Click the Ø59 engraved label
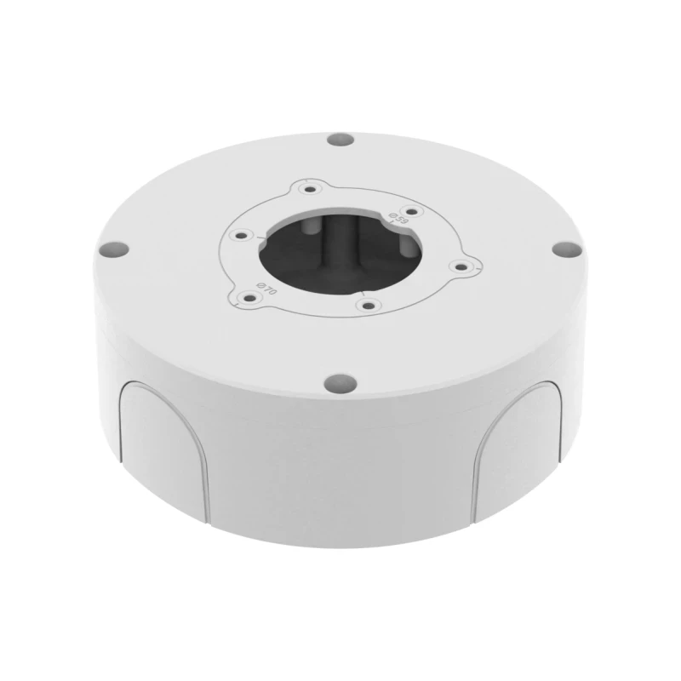396,217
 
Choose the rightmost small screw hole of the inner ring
461,267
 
